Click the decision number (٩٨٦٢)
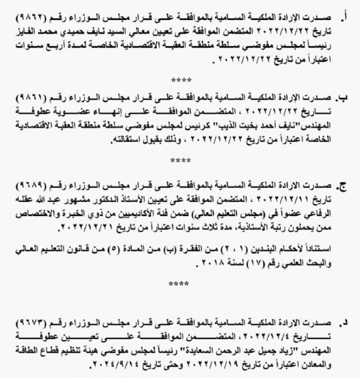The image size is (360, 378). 30,18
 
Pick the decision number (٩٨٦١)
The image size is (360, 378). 30,98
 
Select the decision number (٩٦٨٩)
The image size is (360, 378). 30,187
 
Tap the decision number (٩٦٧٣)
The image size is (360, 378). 30,324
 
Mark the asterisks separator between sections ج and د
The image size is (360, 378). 181,283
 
